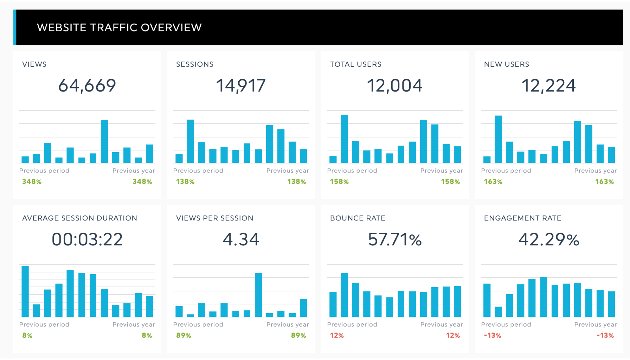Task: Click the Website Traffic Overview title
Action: (x=119, y=27)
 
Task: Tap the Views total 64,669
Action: (x=87, y=85)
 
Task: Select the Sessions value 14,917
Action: (x=241, y=85)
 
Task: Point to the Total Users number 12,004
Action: (x=394, y=85)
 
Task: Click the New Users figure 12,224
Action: (x=548, y=85)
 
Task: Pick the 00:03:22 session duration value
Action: (x=87, y=239)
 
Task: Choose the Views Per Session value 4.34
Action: (x=241, y=239)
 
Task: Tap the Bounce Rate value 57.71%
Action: (x=394, y=239)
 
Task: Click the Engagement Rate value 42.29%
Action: (x=548, y=239)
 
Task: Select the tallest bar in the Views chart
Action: (x=104, y=142)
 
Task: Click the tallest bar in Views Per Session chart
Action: (x=258, y=295)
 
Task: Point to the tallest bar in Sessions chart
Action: (x=190, y=141)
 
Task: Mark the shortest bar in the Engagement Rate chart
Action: (x=498, y=311)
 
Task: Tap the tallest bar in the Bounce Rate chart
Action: (x=344, y=295)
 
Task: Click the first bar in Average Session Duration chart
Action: (x=25, y=291)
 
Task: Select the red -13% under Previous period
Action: (x=492, y=335)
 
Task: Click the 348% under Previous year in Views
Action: (x=142, y=181)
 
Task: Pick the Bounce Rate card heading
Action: (x=358, y=218)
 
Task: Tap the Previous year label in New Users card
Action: (x=595, y=171)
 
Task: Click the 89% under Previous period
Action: (x=184, y=335)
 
